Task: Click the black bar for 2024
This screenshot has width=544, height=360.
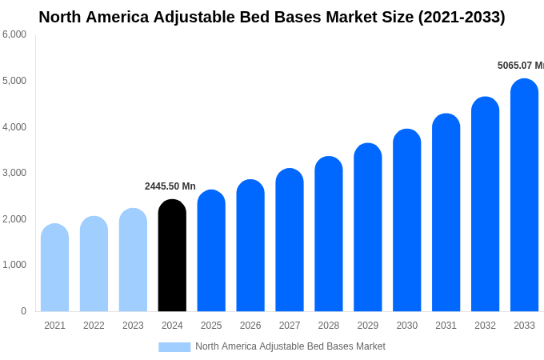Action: tap(172, 256)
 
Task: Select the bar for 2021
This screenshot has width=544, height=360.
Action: tap(54, 268)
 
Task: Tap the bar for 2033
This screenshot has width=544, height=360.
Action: tap(524, 196)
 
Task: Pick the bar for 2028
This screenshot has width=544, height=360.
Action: tap(329, 234)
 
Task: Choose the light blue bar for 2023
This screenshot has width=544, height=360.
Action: tap(133, 260)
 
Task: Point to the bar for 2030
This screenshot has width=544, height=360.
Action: tap(406, 221)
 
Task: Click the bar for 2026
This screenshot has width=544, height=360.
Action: tap(250, 246)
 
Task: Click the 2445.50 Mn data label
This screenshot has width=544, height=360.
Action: tap(170, 186)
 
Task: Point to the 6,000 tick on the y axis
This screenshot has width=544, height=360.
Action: tap(14, 34)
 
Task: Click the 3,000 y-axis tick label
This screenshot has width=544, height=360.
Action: tap(14, 173)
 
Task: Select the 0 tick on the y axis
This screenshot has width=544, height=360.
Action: tap(23, 311)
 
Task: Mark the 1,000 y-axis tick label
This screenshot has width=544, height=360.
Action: tap(14, 265)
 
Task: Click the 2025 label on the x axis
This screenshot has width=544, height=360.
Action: tap(211, 326)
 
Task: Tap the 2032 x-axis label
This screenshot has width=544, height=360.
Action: tap(485, 326)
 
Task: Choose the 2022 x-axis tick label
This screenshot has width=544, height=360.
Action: tap(94, 326)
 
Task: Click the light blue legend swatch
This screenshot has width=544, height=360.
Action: tap(174, 347)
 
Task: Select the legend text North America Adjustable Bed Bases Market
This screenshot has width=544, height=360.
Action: tap(290, 346)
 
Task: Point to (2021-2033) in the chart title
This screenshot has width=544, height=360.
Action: tap(462, 17)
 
